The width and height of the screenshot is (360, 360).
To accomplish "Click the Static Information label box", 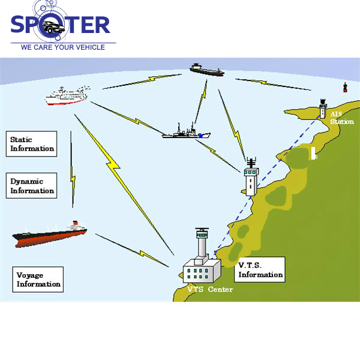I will (x=32, y=144).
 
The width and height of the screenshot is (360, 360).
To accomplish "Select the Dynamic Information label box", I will (x=32, y=186).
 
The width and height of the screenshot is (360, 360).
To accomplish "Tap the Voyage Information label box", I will (x=38, y=280).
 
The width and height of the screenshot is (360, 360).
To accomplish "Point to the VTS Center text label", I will (x=209, y=290).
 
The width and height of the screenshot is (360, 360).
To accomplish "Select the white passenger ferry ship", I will (x=66, y=95).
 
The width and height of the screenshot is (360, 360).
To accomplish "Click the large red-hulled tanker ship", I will (x=50, y=234).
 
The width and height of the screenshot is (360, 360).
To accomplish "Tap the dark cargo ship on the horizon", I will (x=206, y=70).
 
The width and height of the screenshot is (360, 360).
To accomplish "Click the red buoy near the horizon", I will (x=345, y=88).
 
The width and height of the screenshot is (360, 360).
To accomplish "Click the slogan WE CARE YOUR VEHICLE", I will (x=62, y=47).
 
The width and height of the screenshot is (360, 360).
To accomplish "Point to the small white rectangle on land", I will (x=313, y=153).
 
